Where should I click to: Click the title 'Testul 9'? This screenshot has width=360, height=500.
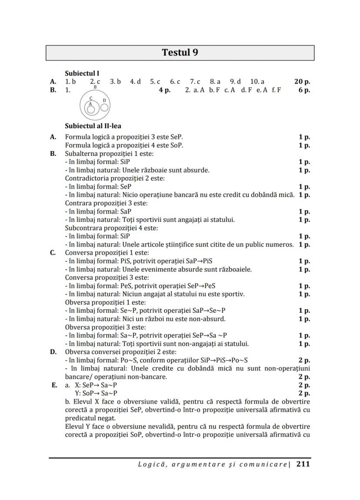[180, 53]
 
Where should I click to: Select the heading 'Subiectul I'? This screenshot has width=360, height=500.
[82, 73]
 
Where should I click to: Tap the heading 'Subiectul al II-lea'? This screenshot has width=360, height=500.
[93, 126]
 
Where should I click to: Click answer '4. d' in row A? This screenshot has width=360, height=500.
[135, 81]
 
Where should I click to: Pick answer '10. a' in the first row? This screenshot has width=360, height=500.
[257, 81]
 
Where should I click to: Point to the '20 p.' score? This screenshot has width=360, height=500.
[302, 81]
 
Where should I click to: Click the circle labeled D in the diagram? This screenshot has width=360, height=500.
[104, 106]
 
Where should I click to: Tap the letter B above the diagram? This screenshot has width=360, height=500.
[95, 87]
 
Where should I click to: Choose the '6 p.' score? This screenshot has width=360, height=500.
[304, 90]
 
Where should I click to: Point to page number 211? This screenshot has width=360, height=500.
[303, 464]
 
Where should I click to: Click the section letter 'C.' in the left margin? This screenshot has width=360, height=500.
[53, 253]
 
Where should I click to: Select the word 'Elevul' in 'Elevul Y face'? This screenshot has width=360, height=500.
[75, 426]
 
